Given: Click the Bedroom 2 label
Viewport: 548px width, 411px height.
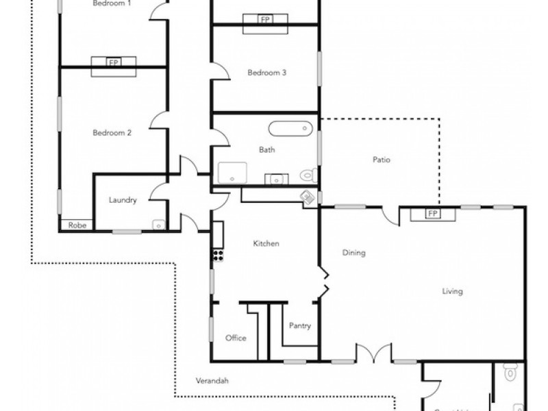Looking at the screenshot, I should click(112, 133).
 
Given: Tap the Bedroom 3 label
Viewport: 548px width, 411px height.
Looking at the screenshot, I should click(266, 73).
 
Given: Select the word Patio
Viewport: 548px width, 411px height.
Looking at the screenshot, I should click(382, 160).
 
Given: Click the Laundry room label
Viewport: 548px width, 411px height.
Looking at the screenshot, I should click(123, 201).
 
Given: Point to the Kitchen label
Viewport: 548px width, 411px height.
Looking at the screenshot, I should click(266, 243).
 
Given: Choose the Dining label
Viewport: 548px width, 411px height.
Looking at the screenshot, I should click(353, 253).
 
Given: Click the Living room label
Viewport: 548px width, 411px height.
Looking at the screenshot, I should click(452, 291).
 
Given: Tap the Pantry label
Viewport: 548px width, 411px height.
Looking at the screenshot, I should click(300, 326).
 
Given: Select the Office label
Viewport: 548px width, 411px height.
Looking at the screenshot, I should click(236, 338).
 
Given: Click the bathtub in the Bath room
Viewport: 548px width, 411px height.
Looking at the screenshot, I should click(290, 128).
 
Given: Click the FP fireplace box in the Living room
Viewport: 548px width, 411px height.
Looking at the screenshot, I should click(432, 214).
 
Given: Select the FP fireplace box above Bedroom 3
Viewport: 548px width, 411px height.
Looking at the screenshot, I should click(264, 20).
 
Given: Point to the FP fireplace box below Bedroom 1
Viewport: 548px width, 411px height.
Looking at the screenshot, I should click(114, 62).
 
